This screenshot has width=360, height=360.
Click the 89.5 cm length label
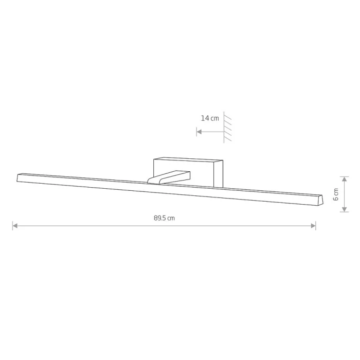164,218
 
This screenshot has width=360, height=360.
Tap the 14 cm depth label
210,118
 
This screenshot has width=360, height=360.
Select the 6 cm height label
336,194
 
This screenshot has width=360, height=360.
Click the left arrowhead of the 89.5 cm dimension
15,226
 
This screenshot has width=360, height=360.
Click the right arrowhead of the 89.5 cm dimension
313,226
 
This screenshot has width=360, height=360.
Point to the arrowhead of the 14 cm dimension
200,132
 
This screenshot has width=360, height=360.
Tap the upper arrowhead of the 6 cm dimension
344,179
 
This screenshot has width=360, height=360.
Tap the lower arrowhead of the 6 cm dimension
344,209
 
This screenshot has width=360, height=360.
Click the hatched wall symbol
227,127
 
